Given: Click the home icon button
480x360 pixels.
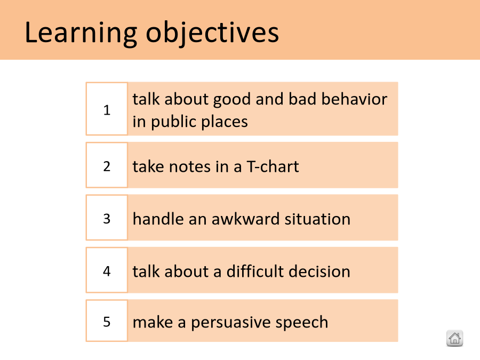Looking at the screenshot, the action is (454, 338).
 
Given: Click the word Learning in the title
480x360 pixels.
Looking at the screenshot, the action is (81, 33).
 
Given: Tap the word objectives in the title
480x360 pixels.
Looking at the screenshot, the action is (212, 33).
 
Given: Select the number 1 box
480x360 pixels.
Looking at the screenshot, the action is (107, 109).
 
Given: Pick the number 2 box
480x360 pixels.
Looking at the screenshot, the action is (107, 165).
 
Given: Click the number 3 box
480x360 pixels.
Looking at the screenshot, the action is (107, 218).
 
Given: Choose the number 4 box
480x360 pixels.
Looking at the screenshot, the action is (107, 270).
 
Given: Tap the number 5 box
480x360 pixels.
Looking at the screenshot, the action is (107, 321).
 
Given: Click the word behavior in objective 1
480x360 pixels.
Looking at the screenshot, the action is (354, 99).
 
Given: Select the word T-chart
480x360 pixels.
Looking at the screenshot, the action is (273, 166).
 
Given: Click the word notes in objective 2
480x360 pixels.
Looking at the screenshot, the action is (190, 167).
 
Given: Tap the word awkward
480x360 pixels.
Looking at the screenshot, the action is (245, 219).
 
